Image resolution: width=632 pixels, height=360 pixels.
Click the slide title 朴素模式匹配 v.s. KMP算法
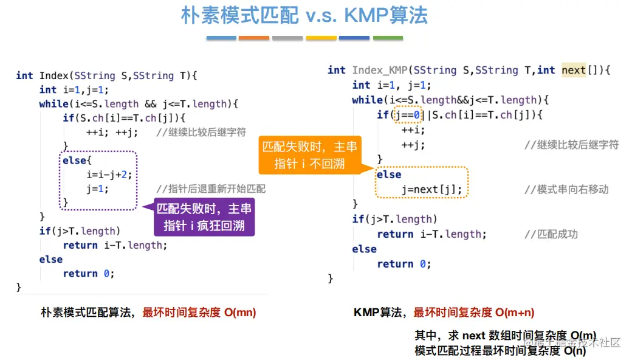[304, 16]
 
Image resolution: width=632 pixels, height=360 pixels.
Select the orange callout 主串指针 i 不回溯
[310, 156]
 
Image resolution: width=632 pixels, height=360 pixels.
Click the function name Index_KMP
[379, 70]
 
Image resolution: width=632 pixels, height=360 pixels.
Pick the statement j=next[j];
[431, 190]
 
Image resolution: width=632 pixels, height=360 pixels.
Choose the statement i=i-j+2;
[109, 175]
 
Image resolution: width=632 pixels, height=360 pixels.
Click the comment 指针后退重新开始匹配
[211, 189]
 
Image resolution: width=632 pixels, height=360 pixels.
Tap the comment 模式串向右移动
[572, 189]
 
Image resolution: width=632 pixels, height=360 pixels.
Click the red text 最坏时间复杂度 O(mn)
[199, 313]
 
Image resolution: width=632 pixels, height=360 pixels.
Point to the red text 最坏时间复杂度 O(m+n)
[474, 313]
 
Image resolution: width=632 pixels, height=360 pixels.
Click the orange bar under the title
[254, 38]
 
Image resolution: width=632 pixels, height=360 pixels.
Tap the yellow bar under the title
[321, 38]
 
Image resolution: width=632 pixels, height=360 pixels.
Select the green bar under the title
[388, 38]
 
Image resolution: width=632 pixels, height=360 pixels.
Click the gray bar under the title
[287, 38]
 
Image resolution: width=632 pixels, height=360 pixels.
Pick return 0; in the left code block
[88, 274]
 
